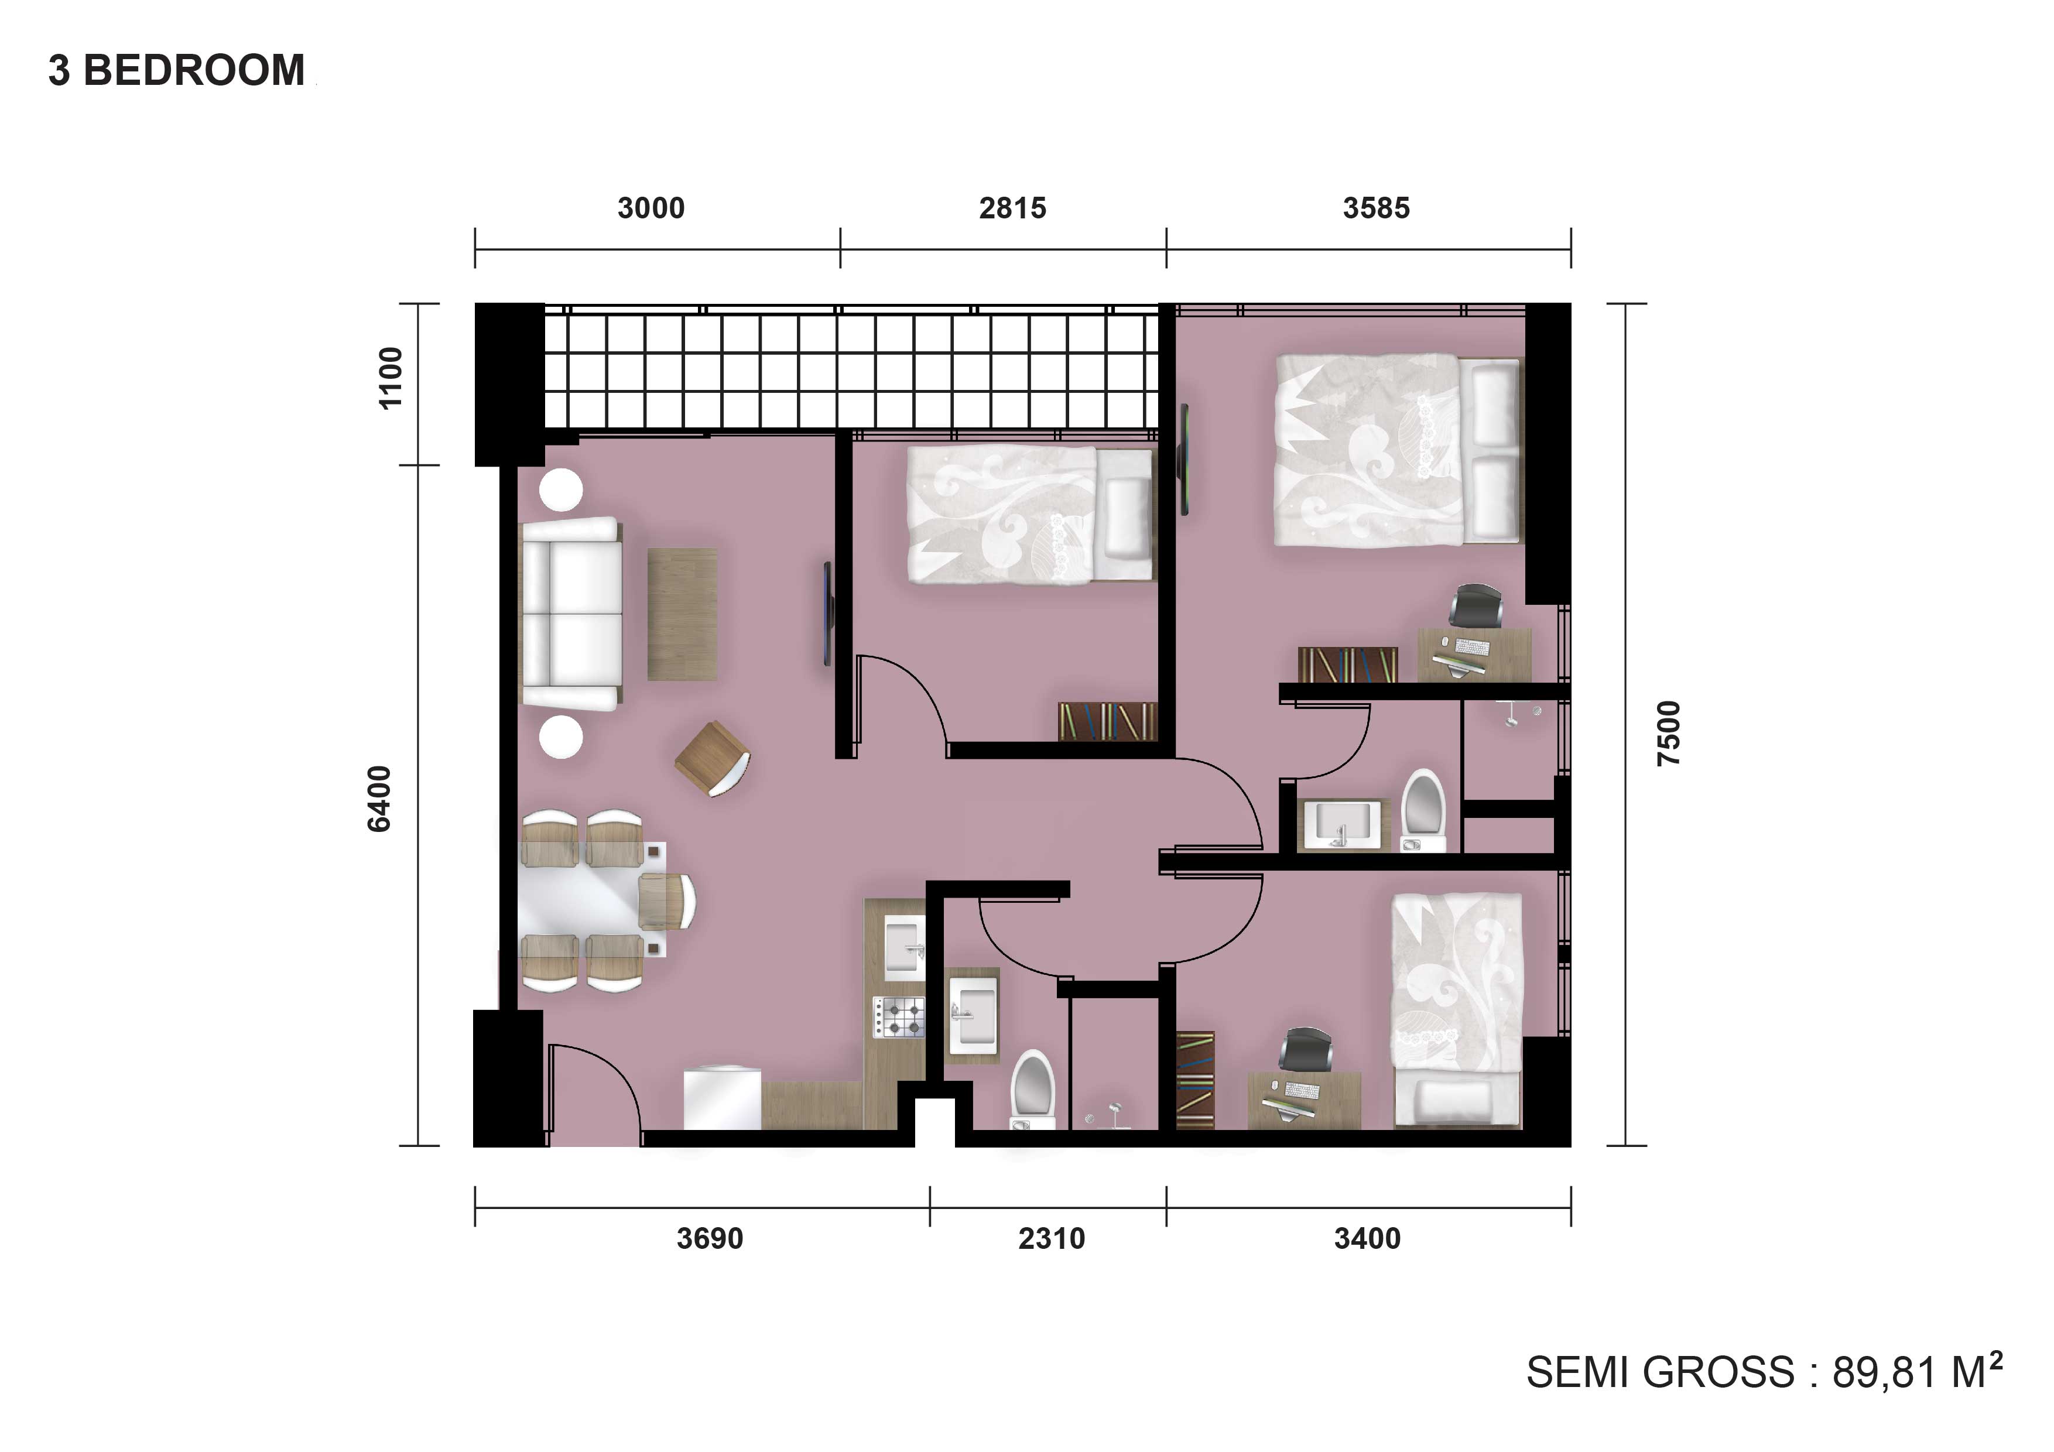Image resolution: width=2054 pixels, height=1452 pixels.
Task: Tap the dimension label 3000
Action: (x=651, y=208)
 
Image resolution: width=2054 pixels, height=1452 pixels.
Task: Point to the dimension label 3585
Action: (x=1376, y=208)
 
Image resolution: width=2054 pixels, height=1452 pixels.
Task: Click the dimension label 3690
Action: (x=710, y=1239)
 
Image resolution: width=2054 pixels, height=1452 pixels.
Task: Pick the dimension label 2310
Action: (x=1051, y=1239)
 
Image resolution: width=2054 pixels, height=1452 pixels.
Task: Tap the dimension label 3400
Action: (x=1367, y=1239)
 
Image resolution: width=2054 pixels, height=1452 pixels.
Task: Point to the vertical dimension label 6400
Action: (x=379, y=799)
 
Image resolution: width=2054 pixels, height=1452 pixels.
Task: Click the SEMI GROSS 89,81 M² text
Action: (x=1763, y=1371)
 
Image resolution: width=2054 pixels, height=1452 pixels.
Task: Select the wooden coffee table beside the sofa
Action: (x=682, y=614)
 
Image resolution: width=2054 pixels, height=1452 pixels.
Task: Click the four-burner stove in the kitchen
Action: (x=899, y=1017)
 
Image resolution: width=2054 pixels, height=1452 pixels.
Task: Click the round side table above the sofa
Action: (x=561, y=490)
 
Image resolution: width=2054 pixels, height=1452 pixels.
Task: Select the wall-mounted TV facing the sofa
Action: (x=829, y=614)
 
